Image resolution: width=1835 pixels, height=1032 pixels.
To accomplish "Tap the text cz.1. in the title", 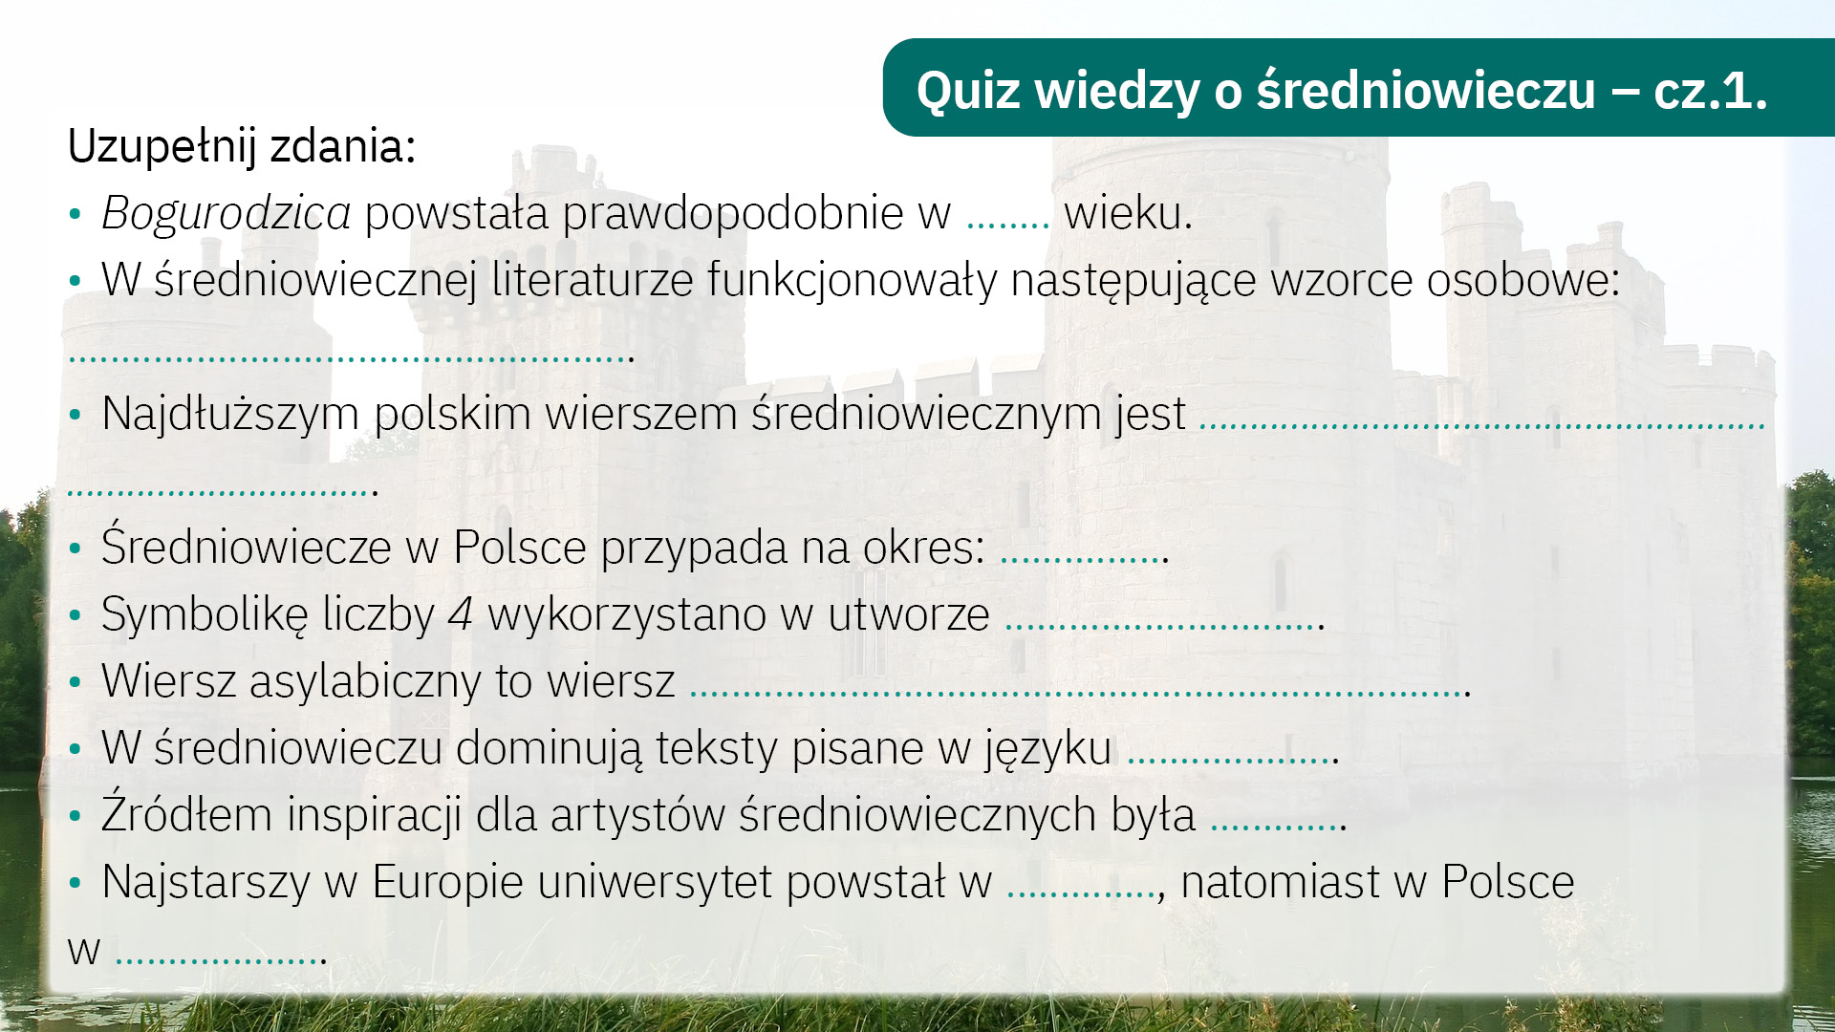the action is coord(1711,92).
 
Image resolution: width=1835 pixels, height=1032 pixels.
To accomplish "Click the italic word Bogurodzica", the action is coord(226,213).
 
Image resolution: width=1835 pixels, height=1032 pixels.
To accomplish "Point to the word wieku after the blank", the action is coord(1123,212).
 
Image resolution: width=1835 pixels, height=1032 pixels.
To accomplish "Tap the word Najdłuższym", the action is coord(230,415).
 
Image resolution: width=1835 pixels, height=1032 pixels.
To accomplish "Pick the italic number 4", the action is coord(461,614).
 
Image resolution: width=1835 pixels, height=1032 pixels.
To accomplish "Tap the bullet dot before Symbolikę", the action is coord(76,615).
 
